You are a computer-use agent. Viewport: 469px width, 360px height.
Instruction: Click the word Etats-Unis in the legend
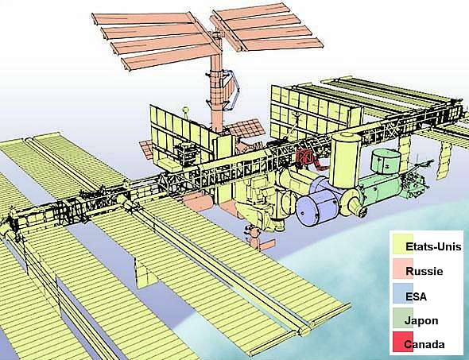tap(433, 246)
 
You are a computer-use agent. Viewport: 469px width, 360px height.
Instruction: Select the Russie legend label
tap(424, 271)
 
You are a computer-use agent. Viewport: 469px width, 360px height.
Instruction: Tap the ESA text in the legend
tap(416, 296)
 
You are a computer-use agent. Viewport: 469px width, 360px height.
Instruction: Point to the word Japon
tap(422, 321)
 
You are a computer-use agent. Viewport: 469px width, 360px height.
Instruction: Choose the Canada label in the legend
tap(424, 344)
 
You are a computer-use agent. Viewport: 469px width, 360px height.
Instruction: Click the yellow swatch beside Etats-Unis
tap(402, 244)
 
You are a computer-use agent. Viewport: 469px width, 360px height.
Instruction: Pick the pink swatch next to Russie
tap(402, 269)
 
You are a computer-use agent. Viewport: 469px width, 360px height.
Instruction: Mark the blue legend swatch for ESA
tap(402, 293)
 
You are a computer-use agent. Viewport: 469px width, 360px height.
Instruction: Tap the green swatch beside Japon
tap(402, 318)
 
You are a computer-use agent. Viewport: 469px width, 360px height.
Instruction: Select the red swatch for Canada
tap(402, 342)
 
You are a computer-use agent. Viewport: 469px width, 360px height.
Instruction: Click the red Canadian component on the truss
tap(304, 157)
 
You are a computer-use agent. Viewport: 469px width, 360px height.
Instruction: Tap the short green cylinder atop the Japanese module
tap(386, 161)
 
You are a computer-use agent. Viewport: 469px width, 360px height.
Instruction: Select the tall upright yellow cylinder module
tap(346, 160)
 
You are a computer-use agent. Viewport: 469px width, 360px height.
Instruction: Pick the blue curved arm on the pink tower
tap(233, 90)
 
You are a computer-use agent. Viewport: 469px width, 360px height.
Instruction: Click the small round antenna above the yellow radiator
tap(186, 110)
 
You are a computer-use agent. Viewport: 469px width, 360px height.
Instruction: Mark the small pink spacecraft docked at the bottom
tap(258, 239)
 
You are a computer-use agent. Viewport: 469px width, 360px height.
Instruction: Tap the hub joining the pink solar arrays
tap(218, 34)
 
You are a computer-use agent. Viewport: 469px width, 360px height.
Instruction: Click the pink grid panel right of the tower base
tap(246, 129)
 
